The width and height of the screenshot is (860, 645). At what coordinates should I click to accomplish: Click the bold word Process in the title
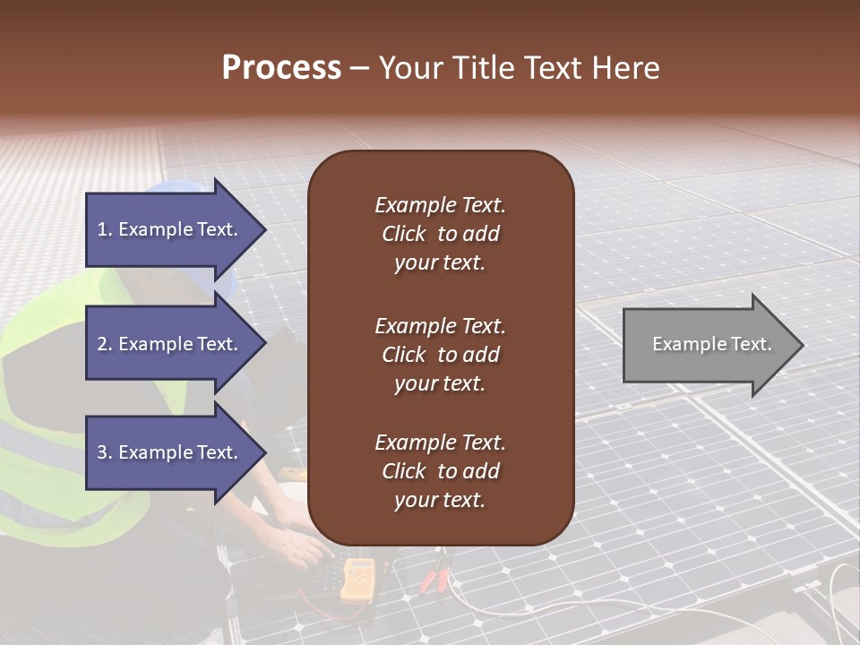click(281, 68)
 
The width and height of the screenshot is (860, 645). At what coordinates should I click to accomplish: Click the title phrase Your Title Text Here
click(519, 68)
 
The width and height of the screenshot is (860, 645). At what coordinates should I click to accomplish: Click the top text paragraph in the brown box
click(440, 234)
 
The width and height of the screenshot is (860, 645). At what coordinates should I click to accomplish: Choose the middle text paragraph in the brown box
click(440, 355)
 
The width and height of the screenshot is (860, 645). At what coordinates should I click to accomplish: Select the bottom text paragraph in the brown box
click(440, 471)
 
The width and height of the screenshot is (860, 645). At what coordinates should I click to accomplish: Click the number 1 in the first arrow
click(101, 229)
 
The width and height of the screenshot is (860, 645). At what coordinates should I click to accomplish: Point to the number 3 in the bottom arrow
click(101, 452)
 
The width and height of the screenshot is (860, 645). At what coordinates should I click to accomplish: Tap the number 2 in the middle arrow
click(101, 344)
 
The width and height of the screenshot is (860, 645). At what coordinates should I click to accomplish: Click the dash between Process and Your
click(359, 69)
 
